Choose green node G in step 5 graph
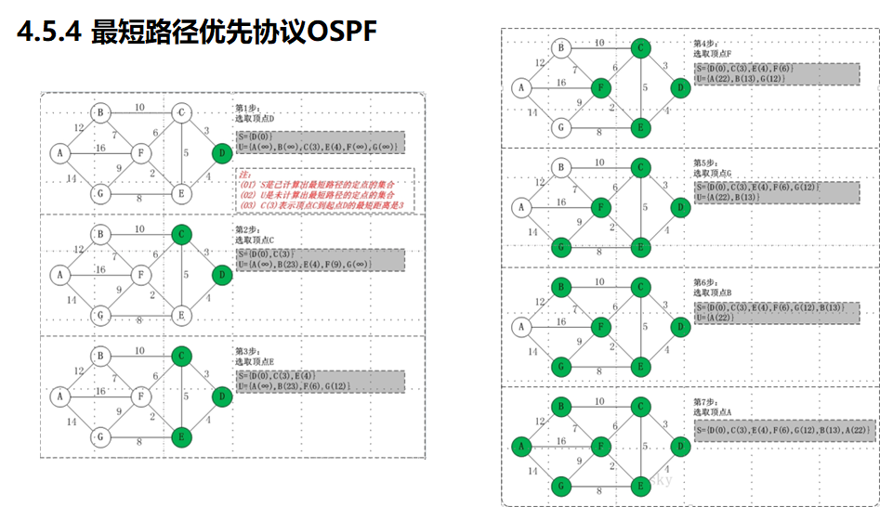tap(560, 248)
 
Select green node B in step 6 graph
tap(560, 286)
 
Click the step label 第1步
tap(247, 109)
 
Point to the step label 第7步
tap(706, 400)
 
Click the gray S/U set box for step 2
tap(320, 259)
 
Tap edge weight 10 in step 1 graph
tap(139, 108)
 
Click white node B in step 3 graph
tap(101, 356)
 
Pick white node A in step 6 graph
tap(520, 326)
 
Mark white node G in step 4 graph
tap(560, 128)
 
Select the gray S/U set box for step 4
tap(776, 74)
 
